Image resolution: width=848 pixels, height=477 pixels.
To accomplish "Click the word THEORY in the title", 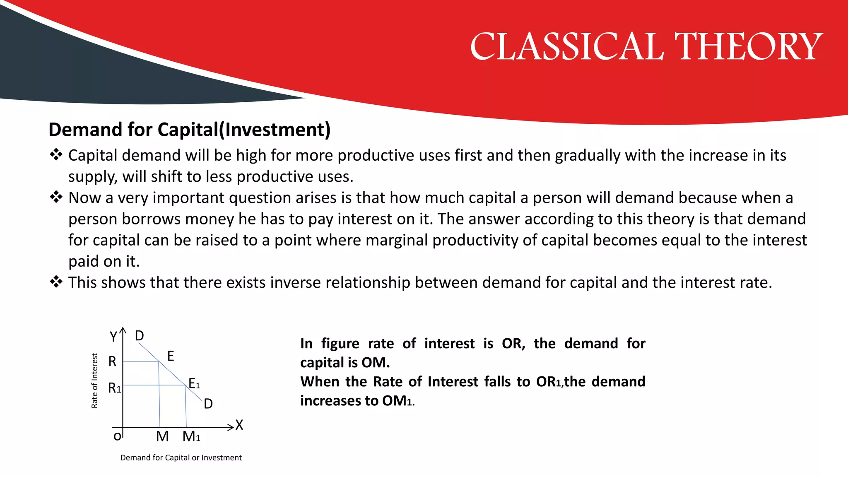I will [x=749, y=47].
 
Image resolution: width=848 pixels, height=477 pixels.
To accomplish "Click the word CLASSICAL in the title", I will [x=567, y=47].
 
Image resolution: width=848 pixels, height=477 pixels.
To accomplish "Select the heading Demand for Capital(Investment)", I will [x=189, y=130].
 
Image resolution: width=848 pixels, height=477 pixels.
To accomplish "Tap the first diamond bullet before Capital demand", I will [x=56, y=155].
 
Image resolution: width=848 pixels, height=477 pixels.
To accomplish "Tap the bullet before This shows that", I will [x=56, y=282].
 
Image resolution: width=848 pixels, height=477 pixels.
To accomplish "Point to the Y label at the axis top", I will [x=113, y=337].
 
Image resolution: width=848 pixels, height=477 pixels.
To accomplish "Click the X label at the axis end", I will [x=239, y=425].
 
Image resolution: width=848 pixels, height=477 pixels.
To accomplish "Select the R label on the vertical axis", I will [x=112, y=361].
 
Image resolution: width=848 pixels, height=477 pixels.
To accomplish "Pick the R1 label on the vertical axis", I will [x=114, y=388].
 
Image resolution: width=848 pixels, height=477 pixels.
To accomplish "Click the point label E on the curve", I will [x=171, y=356].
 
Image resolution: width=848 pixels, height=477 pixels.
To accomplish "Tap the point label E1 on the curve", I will [x=194, y=383].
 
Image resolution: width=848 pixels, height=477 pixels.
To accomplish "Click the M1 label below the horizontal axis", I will [x=191, y=436].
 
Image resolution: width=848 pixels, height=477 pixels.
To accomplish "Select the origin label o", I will [x=117, y=436].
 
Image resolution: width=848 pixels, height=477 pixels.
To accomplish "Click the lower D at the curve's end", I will [x=208, y=404].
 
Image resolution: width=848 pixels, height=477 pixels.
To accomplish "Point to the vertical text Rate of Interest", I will [x=94, y=381].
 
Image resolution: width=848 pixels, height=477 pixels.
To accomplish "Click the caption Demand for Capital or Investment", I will [x=181, y=458].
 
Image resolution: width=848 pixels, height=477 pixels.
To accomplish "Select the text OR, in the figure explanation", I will [x=513, y=344].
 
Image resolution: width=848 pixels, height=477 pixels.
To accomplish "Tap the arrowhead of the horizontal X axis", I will [x=231, y=427].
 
